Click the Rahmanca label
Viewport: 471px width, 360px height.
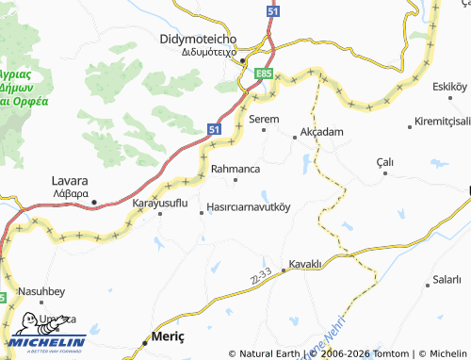click(235, 169)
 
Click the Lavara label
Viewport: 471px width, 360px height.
click(70, 180)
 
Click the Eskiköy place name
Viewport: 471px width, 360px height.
click(448, 87)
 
